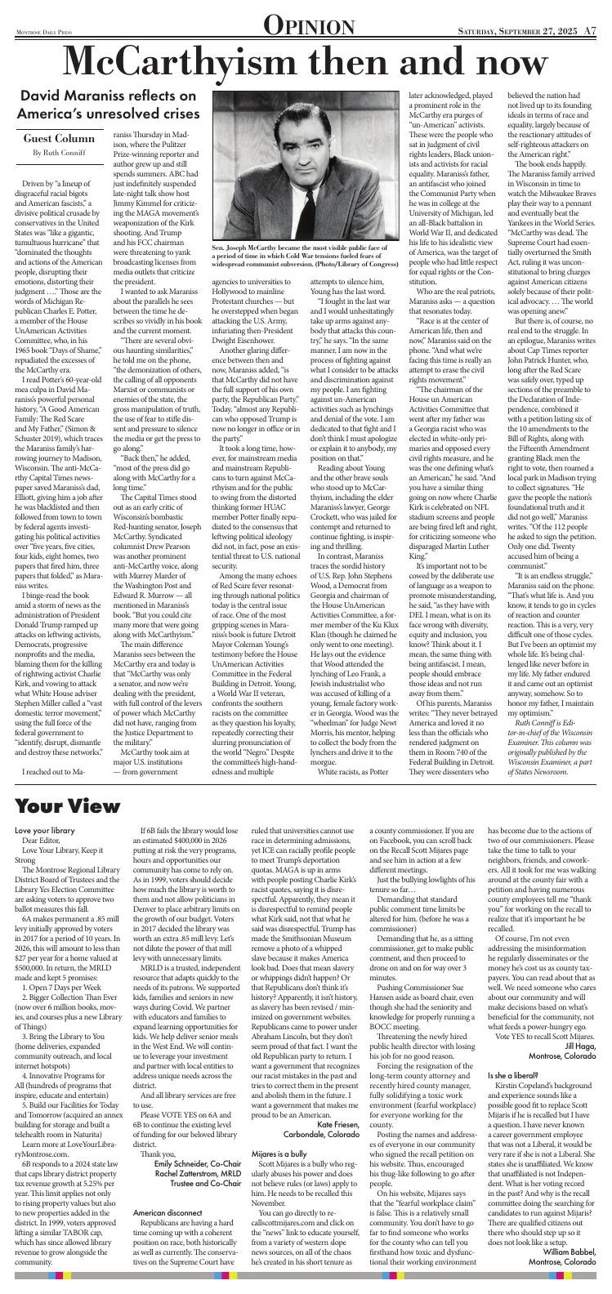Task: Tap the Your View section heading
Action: pos(67,805)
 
